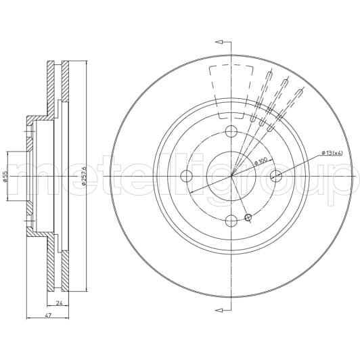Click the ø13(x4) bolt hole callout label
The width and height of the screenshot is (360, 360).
pyautogui.click(x=332, y=153)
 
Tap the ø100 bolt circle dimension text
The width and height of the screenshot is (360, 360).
pyautogui.click(x=261, y=161)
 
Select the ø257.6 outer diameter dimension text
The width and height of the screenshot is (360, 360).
pyautogui.click(x=84, y=176)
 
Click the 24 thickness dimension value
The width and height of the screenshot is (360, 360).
pyautogui.click(x=60, y=303)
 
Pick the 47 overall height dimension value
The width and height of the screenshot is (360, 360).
pyautogui.click(x=47, y=315)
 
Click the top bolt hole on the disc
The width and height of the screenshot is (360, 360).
pyautogui.click(x=231, y=131)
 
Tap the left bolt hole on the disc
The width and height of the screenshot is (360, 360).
pyautogui.click(x=187, y=176)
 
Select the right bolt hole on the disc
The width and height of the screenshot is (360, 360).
pyautogui.click(x=275, y=176)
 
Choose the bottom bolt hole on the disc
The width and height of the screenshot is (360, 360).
pyautogui.click(x=231, y=221)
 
